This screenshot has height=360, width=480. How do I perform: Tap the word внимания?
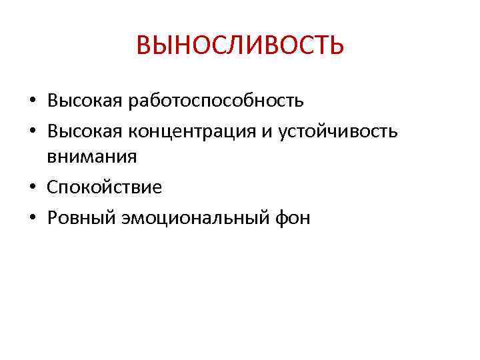point(92,157)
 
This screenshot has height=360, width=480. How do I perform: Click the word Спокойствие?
point(104,187)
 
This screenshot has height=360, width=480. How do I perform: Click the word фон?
point(293,218)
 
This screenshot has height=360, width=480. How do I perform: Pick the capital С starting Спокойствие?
point(53,187)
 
